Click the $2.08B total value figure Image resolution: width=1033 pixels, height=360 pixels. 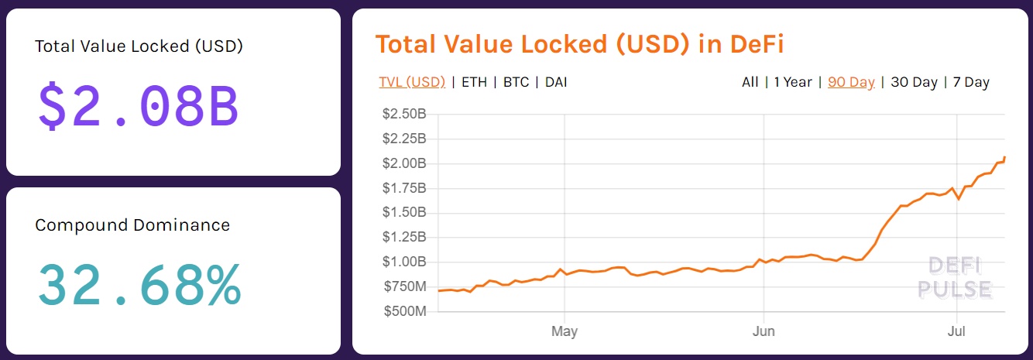click(138, 106)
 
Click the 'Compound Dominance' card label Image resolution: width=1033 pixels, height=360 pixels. click(132, 225)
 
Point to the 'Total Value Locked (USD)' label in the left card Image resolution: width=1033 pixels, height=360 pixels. click(139, 46)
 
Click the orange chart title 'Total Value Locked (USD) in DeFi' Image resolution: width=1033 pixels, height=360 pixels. click(579, 44)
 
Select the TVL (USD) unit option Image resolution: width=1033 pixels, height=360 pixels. click(412, 82)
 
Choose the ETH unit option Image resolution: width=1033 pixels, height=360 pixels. click(474, 82)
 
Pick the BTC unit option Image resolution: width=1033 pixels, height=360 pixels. click(516, 82)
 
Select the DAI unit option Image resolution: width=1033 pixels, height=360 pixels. click(556, 82)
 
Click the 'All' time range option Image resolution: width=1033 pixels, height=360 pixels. click(750, 82)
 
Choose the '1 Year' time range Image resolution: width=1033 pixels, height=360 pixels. click(793, 82)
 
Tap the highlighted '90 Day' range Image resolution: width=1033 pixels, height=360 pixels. click(851, 82)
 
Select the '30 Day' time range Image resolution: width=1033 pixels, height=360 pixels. click(914, 82)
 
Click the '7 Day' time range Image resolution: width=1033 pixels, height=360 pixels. click(971, 82)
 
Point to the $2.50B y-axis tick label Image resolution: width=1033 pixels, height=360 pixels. click(403, 115)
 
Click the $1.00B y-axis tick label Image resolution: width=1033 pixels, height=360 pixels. click(403, 262)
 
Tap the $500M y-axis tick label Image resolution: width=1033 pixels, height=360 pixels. click(405, 311)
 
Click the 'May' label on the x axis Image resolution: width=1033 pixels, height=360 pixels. click(565, 331)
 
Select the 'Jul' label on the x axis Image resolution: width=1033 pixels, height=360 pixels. click(957, 331)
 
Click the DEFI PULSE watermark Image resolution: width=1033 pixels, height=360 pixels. click(954, 278)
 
